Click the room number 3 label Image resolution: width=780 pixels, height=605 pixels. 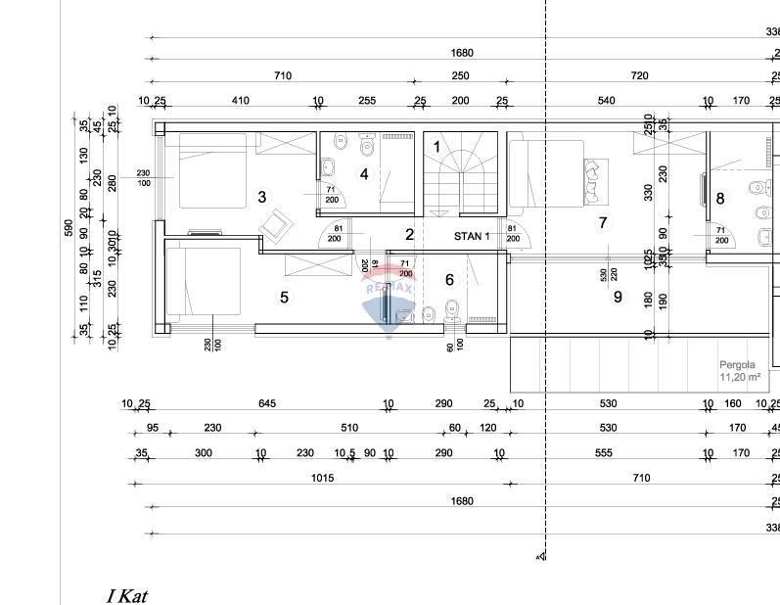(x=262, y=197)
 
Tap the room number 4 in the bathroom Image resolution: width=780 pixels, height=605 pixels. (x=364, y=174)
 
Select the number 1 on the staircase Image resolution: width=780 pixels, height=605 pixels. (x=437, y=147)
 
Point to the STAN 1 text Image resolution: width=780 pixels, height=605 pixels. (x=471, y=236)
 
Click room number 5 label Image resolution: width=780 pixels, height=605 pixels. (x=285, y=298)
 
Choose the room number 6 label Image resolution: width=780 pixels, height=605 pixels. (x=449, y=280)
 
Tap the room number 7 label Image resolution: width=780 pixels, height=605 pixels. (x=603, y=223)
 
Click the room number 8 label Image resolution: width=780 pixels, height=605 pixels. (x=720, y=199)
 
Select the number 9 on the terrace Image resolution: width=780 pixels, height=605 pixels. (x=618, y=297)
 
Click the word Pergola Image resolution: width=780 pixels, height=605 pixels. (x=738, y=364)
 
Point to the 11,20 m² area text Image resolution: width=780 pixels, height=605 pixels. (x=740, y=376)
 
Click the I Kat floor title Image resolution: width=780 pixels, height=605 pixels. (x=126, y=595)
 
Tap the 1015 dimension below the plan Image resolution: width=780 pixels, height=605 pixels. (x=322, y=478)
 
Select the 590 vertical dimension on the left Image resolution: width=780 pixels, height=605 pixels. (x=69, y=226)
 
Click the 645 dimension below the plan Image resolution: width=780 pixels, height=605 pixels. (x=267, y=403)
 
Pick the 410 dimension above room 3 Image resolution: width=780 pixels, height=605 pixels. (x=240, y=100)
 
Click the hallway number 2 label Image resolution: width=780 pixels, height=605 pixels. (x=410, y=234)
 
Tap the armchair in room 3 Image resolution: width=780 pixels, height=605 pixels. (x=275, y=224)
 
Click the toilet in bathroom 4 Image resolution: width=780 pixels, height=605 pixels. (x=366, y=147)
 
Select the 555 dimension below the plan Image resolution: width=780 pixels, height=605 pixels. (x=603, y=452)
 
